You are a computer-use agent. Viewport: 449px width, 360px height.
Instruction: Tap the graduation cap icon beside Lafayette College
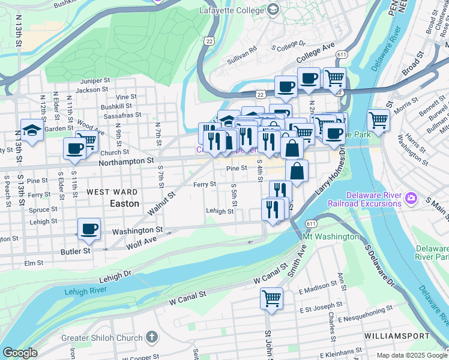273,10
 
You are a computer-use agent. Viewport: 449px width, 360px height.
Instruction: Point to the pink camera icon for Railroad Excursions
411,197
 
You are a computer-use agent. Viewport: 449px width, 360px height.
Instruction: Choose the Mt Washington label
331,236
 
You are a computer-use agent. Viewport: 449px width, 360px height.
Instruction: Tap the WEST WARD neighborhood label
110,192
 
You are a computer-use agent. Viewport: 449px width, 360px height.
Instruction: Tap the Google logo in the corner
20,353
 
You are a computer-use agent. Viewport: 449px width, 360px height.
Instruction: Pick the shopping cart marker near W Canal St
271,298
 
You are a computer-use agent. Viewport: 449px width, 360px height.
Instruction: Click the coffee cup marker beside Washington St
89,229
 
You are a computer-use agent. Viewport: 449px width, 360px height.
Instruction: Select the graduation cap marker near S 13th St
32,129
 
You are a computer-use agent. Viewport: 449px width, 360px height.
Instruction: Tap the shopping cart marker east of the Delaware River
378,120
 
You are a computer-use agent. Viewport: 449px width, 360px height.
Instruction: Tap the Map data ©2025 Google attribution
411,355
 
